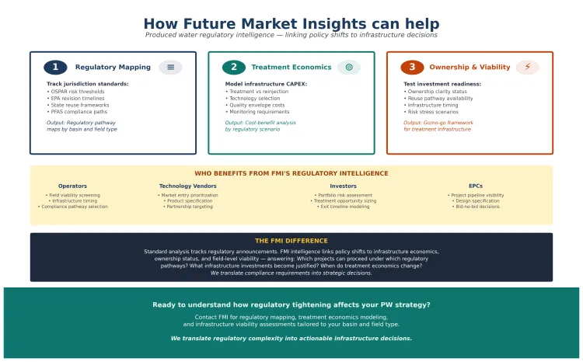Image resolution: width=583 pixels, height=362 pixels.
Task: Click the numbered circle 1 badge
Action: tap(55, 68)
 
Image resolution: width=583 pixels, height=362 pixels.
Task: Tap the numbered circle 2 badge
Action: tap(233, 68)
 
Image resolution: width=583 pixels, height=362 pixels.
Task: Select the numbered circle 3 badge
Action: tap(412, 68)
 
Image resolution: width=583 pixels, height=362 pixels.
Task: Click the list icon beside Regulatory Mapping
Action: tap(170, 68)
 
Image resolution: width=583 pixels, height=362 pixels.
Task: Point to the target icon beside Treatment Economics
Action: tap(349, 68)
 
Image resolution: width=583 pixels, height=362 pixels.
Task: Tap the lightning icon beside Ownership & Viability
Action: tap(527, 68)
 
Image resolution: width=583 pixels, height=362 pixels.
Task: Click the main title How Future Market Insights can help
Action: tap(291, 24)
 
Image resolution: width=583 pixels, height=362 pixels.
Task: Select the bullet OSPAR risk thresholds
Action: tap(79, 91)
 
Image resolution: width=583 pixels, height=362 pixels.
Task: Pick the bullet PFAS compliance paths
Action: tap(79, 112)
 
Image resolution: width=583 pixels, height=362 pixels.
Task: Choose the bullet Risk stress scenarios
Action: tap(431, 112)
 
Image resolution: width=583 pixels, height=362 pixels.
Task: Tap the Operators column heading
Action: tap(73, 186)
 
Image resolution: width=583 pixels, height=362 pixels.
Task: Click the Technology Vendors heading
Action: tap(187, 186)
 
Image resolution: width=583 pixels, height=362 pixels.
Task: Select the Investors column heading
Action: tap(343, 186)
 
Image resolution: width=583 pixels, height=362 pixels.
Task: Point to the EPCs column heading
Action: tap(476, 186)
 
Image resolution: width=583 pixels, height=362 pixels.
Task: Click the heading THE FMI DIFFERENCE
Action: tap(291, 241)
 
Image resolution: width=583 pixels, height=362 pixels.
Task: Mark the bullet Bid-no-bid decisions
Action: tap(476, 207)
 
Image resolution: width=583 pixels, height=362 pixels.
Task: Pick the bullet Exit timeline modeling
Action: tap(343, 207)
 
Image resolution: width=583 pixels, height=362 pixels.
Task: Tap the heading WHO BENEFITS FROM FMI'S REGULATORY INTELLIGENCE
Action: tap(291, 173)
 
